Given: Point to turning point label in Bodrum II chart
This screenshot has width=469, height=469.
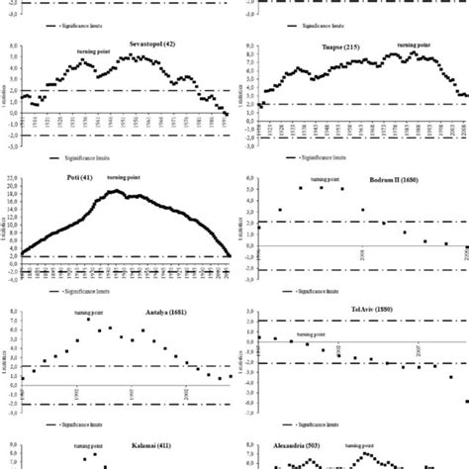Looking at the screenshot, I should pyautogui.click(x=325, y=178).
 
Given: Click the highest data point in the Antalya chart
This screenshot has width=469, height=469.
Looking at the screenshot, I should pyautogui.click(x=88, y=319).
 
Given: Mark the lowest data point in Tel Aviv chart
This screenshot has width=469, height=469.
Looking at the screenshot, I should pyautogui.click(x=465, y=401).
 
